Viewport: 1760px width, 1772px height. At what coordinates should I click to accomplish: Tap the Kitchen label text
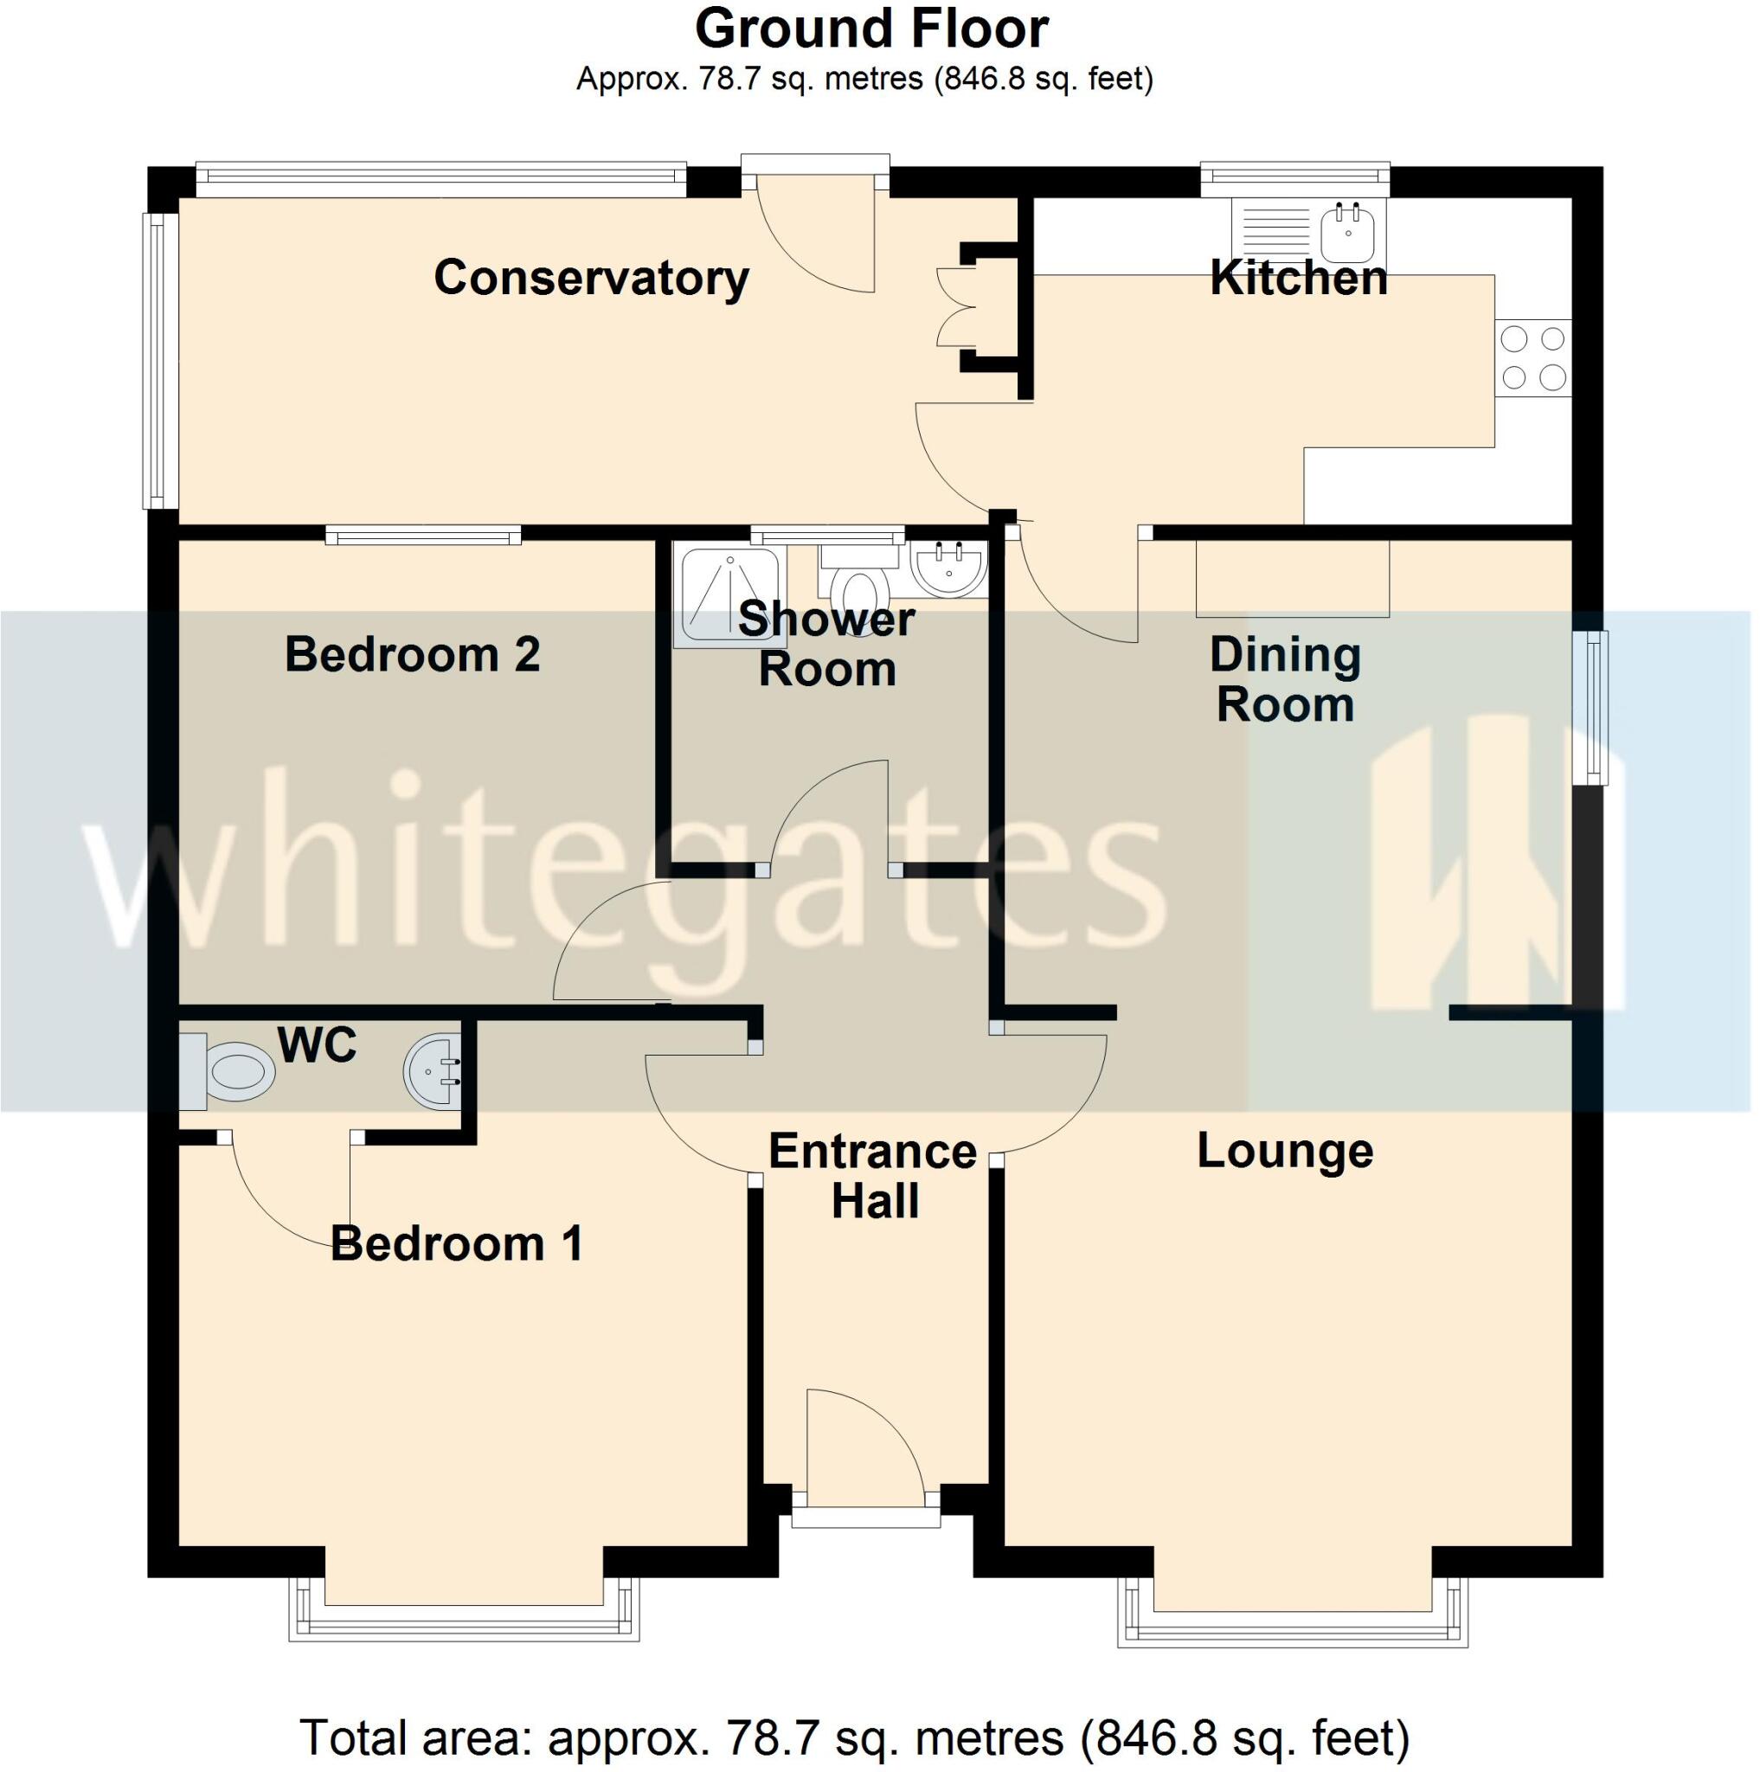[1298, 278]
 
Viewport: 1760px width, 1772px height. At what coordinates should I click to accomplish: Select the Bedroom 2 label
[412, 655]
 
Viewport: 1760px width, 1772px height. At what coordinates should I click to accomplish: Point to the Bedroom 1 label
[457, 1243]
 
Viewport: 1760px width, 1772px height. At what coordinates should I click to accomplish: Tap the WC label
[318, 1044]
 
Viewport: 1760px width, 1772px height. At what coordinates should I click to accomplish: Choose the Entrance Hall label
[873, 1176]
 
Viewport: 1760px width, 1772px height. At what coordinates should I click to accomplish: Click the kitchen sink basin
[1347, 232]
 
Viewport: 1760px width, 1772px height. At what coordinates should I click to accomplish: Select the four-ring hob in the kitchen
[1532, 357]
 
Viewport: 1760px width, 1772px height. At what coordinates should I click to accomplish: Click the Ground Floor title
[871, 29]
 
